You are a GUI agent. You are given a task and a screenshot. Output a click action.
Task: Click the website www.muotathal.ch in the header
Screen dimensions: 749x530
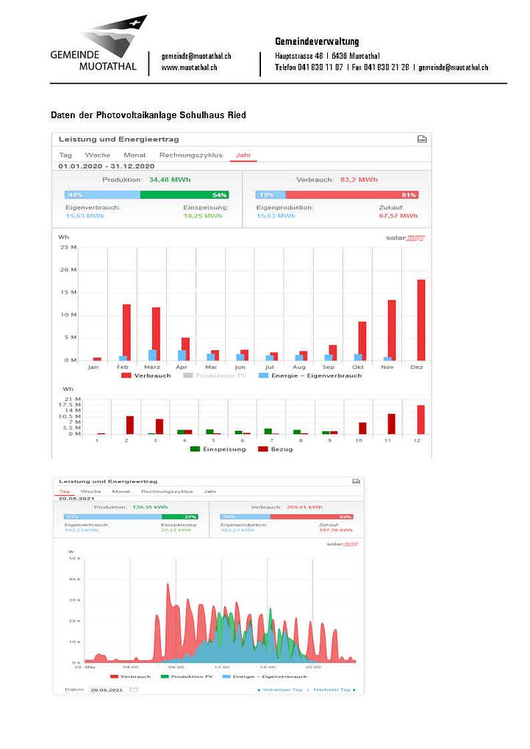coord(189,68)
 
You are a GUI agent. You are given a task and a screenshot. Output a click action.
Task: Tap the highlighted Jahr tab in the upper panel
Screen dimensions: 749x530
coord(243,155)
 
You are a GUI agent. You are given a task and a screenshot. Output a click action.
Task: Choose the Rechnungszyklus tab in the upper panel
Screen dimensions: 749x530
coord(190,155)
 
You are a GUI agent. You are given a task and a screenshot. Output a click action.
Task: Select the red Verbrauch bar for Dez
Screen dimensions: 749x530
coord(421,319)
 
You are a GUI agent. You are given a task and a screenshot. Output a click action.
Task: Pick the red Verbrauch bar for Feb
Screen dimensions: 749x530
coord(126,332)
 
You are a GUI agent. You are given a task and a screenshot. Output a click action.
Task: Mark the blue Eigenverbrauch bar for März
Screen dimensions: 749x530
coord(152,355)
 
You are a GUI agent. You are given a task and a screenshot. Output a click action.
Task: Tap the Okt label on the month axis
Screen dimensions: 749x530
coord(358,366)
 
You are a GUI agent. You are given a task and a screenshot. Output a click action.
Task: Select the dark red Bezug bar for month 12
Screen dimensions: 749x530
coord(421,419)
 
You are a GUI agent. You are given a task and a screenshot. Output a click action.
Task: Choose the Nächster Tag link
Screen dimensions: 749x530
coord(334,690)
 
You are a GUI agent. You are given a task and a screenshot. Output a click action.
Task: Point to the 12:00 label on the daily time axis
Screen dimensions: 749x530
coord(221,667)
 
